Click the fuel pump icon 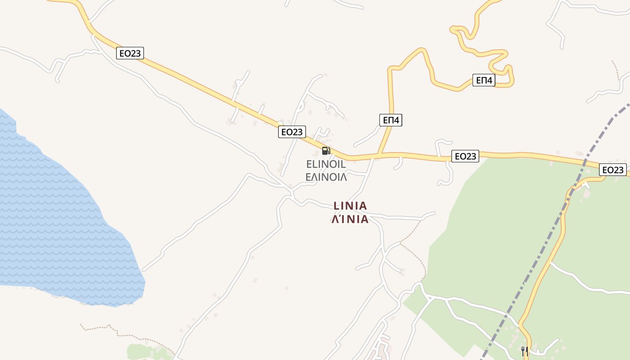coord(326,150)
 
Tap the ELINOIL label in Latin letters coord(326,164)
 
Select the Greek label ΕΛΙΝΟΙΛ coord(326,177)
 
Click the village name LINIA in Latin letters coord(350,206)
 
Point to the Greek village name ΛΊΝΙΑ coord(350,219)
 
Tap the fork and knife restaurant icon coord(524,351)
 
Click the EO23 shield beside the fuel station coord(292,132)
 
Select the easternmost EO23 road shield coord(612,170)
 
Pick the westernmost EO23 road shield coord(130,53)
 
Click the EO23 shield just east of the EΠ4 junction coord(465,156)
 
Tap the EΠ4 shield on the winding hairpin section coord(484,81)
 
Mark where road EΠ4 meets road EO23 coord(379,156)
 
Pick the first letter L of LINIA coord(336,206)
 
